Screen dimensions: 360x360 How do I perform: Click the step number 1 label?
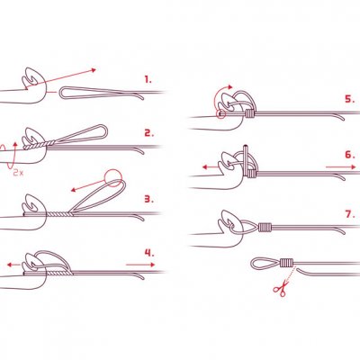tap(148, 80)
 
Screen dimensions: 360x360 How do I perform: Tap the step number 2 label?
tap(149, 133)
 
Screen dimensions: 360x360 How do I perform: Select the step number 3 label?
tap(149, 199)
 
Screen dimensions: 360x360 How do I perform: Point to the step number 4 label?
tap(149, 253)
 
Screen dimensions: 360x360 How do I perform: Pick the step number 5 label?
tap(350, 99)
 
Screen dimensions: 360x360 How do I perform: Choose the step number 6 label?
tap(350, 155)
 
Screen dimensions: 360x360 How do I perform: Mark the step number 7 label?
tap(350, 214)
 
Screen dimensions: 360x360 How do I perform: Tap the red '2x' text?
tap(18, 173)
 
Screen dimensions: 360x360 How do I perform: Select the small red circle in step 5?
tap(220, 114)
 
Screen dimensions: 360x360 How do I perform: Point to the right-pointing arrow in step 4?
tap(140, 265)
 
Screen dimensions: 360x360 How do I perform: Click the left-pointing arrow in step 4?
tap(13, 265)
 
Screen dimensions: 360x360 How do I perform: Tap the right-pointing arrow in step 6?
tap(341, 167)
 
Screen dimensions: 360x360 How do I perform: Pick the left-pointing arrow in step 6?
tap(211, 167)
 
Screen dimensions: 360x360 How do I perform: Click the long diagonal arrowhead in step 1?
tap(94, 70)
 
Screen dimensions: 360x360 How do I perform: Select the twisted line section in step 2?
tap(40, 144)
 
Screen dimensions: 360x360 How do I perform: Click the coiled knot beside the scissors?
tap(286, 263)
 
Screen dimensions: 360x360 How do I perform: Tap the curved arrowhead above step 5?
tap(230, 87)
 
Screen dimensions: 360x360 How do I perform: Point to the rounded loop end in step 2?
tap(103, 130)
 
